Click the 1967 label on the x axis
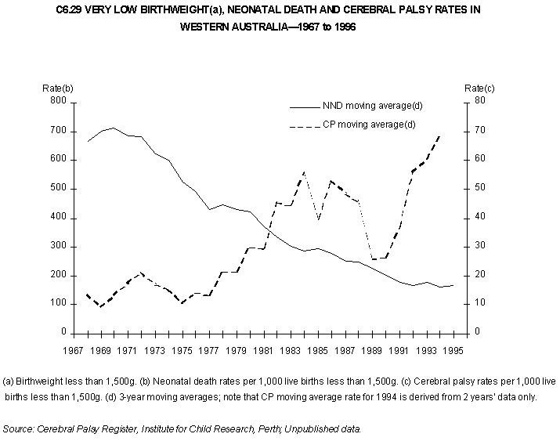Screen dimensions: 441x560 click(74, 351)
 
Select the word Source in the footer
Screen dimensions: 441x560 click(19, 428)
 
